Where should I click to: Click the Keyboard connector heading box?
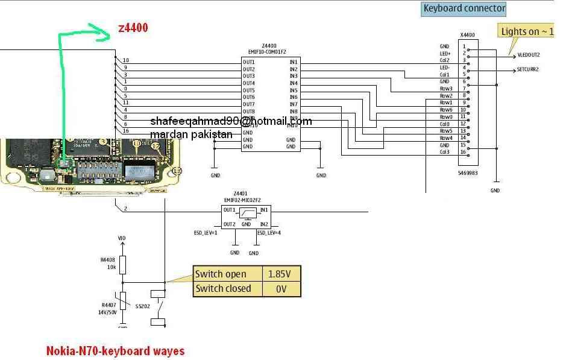tap(464, 8)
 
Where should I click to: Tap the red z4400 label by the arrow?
tap(133, 28)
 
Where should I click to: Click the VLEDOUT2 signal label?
tap(529, 55)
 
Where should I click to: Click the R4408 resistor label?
tap(108, 260)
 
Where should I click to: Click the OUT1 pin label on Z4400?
tap(249, 62)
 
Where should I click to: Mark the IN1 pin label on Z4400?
tap(294, 62)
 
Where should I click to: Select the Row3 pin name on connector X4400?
tap(445, 89)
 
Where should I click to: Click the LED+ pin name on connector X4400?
tap(445, 54)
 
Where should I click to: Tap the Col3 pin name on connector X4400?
tap(445, 152)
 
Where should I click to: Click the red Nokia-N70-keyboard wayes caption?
tap(115, 350)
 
